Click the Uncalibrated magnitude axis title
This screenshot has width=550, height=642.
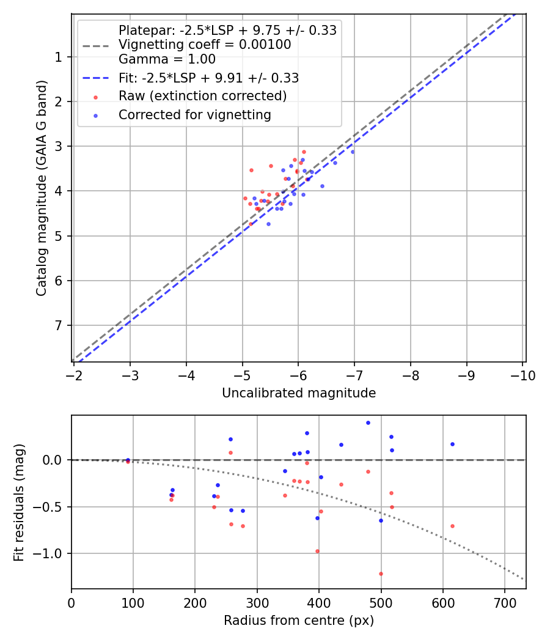[298, 393]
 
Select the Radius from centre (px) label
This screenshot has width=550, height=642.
[298, 621]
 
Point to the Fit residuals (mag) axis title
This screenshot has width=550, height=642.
[20, 503]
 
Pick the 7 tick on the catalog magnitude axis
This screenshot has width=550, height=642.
[59, 325]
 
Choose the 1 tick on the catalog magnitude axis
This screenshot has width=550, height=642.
[59, 57]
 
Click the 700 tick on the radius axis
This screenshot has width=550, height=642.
[504, 603]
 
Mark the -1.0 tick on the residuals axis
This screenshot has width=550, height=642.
[53, 553]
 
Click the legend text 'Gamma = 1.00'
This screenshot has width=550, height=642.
[167, 60]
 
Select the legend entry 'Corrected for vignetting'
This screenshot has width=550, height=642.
[194, 114]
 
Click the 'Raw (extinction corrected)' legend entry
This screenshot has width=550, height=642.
[202, 96]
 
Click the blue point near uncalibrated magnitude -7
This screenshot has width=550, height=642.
[352, 152]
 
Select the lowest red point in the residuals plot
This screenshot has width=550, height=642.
[381, 574]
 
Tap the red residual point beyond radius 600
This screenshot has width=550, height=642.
[452, 526]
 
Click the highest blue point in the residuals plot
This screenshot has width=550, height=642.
[368, 422]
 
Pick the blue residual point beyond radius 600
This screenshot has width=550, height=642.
[452, 444]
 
